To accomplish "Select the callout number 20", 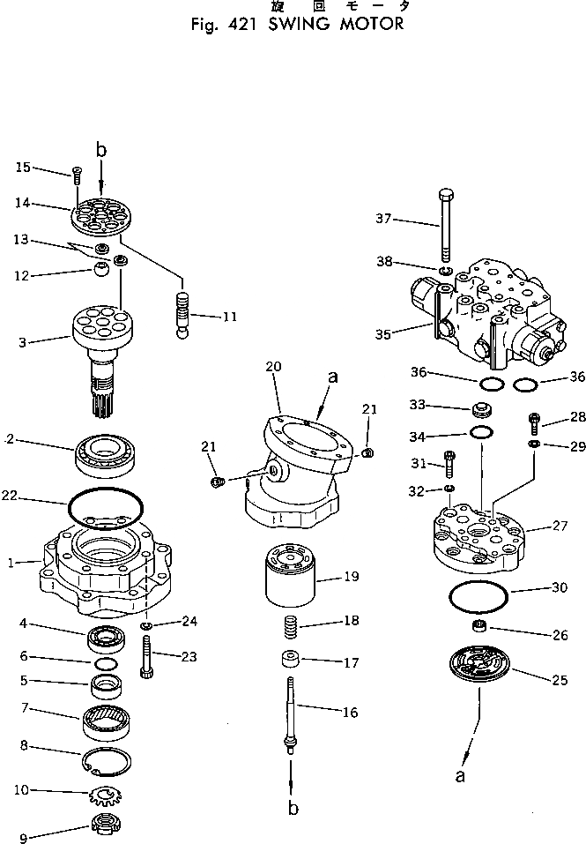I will point(273,366).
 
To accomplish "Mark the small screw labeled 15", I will point(77,176).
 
